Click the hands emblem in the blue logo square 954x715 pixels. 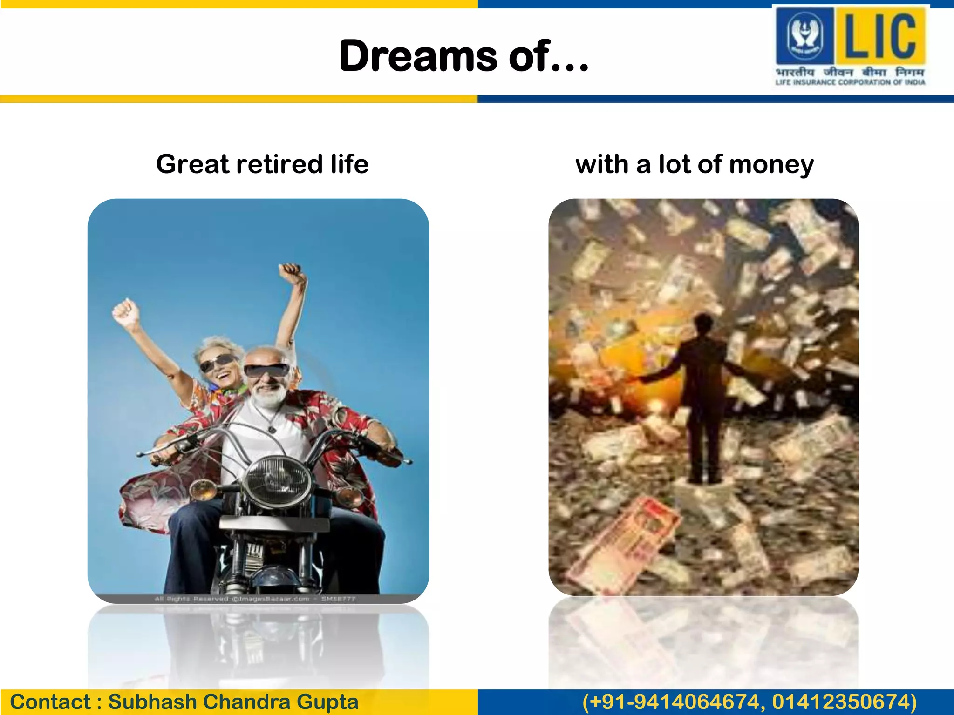pyautogui.click(x=804, y=34)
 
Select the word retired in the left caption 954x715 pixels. pyautogui.click(x=279, y=164)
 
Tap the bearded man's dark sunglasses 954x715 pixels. pyautogui.click(x=267, y=371)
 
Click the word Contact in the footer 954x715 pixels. pyautogui.click(x=50, y=702)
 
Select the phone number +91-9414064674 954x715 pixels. pyautogui.click(x=674, y=702)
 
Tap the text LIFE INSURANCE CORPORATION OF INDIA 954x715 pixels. pyautogui.click(x=850, y=82)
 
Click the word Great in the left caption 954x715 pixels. pyautogui.click(x=193, y=164)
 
